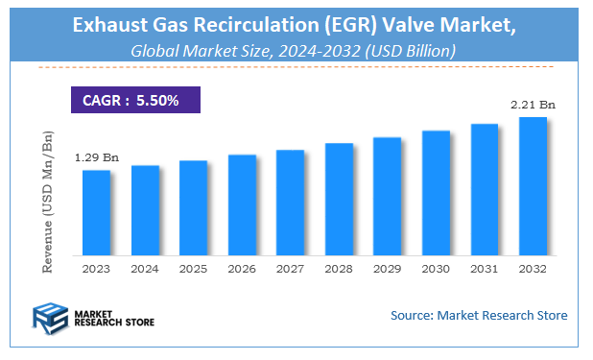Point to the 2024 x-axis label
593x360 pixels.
pyautogui.click(x=145, y=269)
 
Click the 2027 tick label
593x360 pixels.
pyautogui.click(x=290, y=269)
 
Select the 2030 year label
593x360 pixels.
pyautogui.click(x=436, y=269)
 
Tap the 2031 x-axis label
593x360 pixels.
pyautogui.click(x=485, y=269)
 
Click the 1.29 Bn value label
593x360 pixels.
pyautogui.click(x=96, y=156)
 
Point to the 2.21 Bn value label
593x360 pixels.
pyautogui.click(x=533, y=104)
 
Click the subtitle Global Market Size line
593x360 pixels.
pyautogui.click(x=296, y=49)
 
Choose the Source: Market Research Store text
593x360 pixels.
pyautogui.click(x=479, y=315)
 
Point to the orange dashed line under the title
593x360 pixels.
pyautogui.click(x=296, y=67)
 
